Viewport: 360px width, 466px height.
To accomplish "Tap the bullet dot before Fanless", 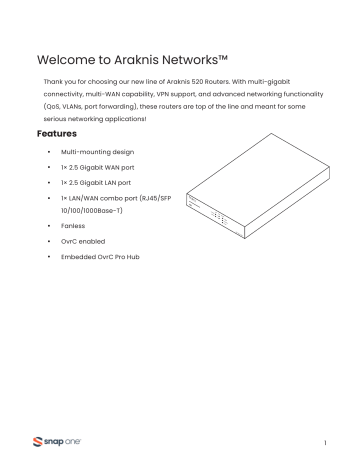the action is pos(48,226).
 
